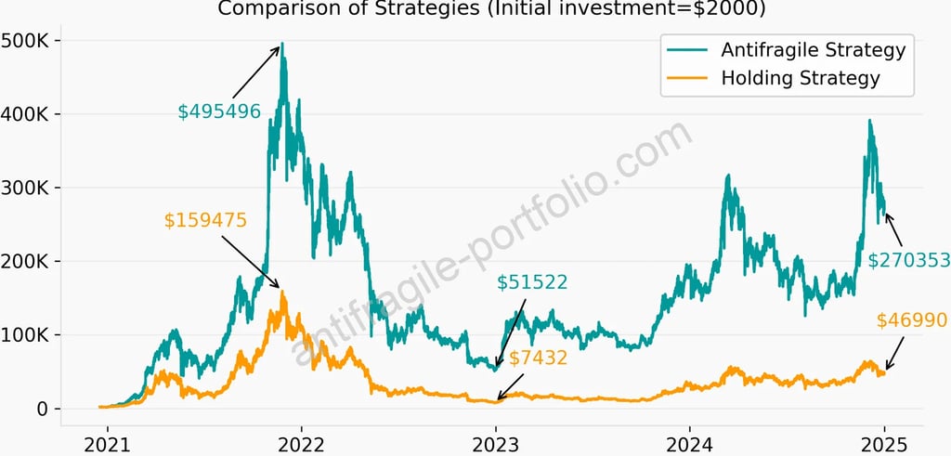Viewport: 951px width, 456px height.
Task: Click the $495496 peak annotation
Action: [x=219, y=111]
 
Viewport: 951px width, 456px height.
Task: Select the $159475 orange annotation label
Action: [x=205, y=220]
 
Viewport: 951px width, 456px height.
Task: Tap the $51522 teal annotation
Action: [x=532, y=281]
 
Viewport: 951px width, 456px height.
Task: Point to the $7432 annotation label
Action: [x=538, y=358]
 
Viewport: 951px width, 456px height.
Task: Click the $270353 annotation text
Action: [x=908, y=260]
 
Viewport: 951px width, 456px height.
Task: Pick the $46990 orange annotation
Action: [x=911, y=320]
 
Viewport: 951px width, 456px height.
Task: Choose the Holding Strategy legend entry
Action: [x=800, y=78]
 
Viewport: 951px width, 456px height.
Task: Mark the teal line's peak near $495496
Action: [x=282, y=44]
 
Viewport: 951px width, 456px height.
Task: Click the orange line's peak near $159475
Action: [x=282, y=292]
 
